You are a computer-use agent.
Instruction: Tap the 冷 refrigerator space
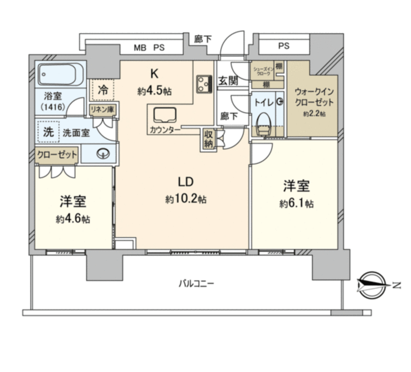point(103,90)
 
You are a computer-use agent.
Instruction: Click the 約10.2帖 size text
point(186,199)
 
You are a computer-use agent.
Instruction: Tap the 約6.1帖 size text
point(296,204)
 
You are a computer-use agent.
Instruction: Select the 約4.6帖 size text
point(72,219)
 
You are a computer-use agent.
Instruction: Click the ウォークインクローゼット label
point(314,97)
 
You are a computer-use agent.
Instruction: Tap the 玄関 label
point(228,80)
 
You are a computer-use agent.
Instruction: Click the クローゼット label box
point(57,155)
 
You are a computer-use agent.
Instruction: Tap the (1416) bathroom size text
point(53,106)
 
